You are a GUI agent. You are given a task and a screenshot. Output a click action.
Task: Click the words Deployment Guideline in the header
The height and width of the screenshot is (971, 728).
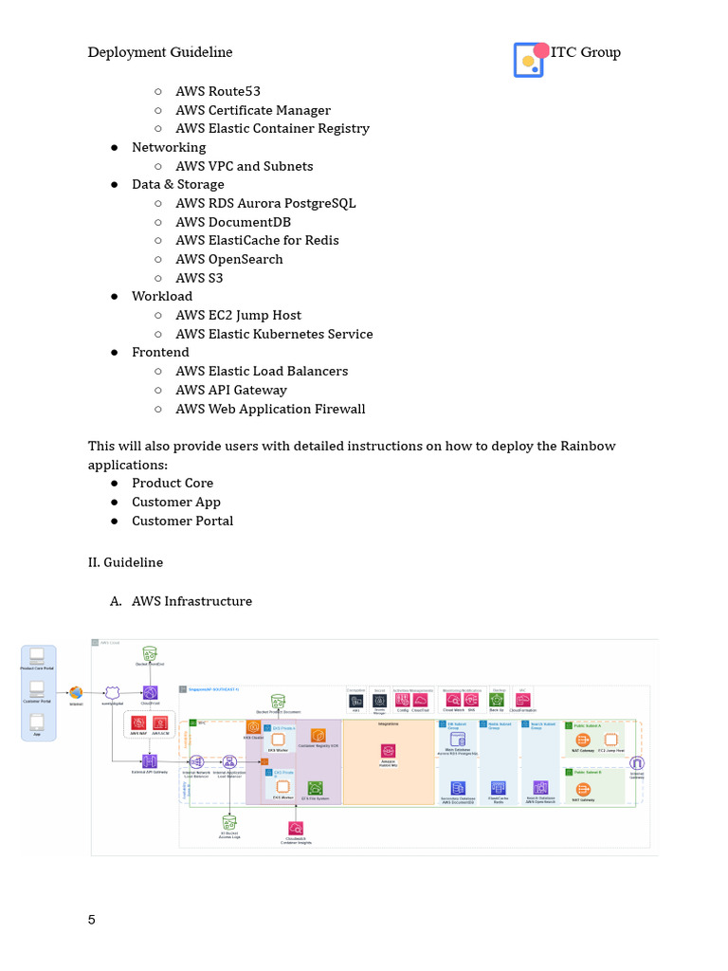[x=160, y=52]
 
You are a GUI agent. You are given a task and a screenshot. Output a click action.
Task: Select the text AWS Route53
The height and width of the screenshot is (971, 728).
[x=218, y=91]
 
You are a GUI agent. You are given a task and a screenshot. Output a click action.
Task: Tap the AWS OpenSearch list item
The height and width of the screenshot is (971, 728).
[x=229, y=259]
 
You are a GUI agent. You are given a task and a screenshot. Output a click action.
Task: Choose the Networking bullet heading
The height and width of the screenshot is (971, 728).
[x=169, y=147]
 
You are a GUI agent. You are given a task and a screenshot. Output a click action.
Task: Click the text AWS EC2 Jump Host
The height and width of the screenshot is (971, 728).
[x=238, y=315]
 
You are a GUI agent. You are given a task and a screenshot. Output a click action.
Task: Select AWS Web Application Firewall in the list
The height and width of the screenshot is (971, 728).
[x=270, y=409]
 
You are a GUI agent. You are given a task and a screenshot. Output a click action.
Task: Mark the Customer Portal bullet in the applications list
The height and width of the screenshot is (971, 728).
[x=182, y=521]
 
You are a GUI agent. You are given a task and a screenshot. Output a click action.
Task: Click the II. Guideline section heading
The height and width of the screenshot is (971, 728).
[x=125, y=562]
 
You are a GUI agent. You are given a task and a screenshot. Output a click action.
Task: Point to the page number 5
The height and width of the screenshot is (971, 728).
[x=92, y=920]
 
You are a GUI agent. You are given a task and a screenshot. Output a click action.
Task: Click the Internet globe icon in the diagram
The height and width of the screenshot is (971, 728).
[x=76, y=693]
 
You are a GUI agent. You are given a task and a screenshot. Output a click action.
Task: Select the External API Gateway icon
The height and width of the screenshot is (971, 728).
[x=150, y=761]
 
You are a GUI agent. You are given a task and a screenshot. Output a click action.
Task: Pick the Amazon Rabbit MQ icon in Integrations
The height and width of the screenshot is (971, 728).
[x=388, y=750]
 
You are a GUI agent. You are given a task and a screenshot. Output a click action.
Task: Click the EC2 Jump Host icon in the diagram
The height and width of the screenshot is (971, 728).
[x=610, y=739]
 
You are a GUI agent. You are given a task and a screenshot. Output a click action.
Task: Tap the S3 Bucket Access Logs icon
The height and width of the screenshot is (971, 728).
[x=229, y=820]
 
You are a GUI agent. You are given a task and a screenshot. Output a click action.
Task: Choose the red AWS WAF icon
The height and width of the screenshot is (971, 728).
[x=138, y=722]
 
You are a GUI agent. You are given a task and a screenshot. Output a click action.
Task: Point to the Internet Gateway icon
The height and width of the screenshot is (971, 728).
[x=637, y=762]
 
